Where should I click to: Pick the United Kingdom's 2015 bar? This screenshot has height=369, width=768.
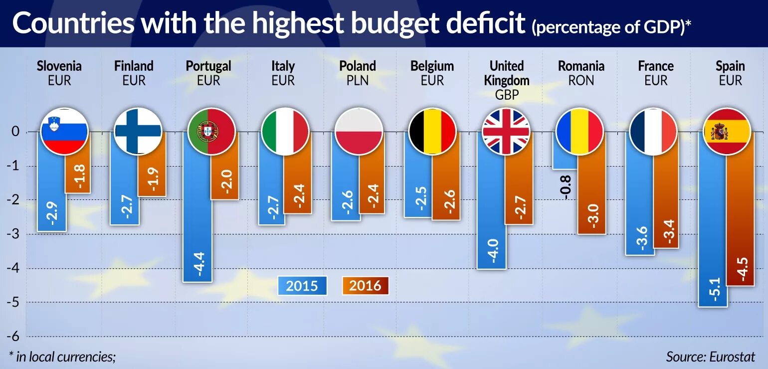point(491,209)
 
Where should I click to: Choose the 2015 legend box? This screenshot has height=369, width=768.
point(302,285)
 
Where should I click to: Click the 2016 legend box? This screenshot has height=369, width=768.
point(365,285)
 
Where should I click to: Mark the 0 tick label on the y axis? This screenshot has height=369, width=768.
point(15,132)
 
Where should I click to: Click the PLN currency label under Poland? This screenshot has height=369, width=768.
point(358,80)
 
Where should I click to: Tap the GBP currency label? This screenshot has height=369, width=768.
point(506,95)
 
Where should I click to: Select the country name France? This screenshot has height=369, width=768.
point(656,66)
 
